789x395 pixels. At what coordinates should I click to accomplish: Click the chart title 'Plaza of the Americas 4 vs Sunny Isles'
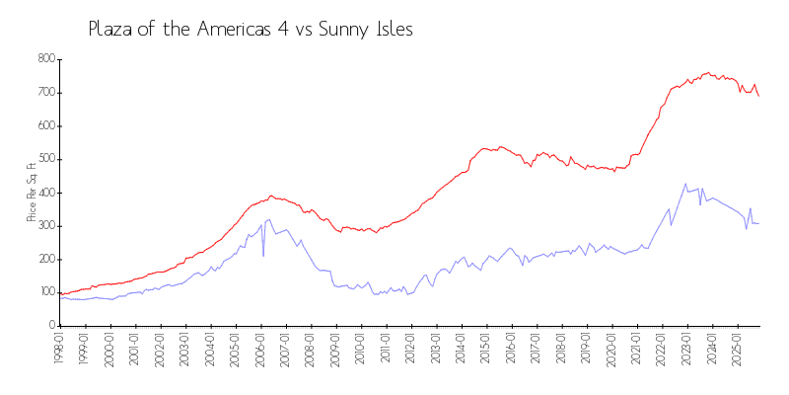(251, 29)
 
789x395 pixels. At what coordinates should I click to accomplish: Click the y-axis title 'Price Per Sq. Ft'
(33, 192)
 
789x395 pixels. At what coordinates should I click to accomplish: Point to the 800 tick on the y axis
(45, 59)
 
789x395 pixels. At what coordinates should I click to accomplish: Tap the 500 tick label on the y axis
(45, 159)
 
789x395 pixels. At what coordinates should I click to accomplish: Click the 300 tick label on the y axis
(45, 225)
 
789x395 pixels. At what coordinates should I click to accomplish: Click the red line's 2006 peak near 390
(271, 196)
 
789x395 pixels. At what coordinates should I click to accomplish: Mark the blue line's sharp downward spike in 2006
(263, 256)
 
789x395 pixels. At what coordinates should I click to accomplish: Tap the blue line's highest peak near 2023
(685, 184)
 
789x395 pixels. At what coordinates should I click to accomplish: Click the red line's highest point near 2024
(708, 72)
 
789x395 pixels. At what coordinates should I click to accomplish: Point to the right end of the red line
(758, 95)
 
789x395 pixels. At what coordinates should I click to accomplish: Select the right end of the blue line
(758, 224)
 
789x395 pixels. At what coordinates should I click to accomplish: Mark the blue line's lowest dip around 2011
(375, 294)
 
